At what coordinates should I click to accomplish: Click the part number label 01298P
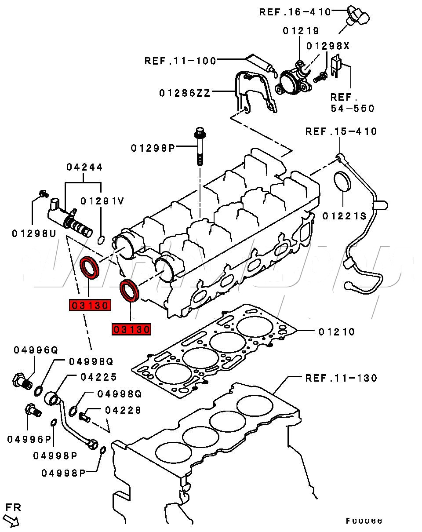click(x=153, y=148)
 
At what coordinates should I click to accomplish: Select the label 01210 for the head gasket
click(x=336, y=332)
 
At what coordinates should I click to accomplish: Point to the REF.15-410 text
click(x=341, y=131)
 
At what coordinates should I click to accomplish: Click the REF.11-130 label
click(x=341, y=378)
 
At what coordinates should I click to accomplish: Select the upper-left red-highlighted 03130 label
click(x=89, y=305)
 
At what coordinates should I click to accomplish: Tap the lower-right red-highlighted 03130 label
click(x=132, y=329)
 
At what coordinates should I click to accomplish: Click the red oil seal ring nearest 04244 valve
click(x=90, y=268)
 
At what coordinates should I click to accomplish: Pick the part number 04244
click(x=84, y=167)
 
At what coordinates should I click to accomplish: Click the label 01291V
click(x=102, y=201)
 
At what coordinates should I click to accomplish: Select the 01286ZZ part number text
click(x=185, y=93)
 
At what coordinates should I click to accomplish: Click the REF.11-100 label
click(x=181, y=61)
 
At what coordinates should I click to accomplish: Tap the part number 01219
click(x=301, y=31)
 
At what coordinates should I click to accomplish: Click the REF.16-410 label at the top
click(x=295, y=12)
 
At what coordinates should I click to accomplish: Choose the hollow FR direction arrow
click(x=14, y=521)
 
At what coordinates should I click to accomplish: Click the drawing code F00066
click(x=364, y=521)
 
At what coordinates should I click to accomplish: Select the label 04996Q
click(x=36, y=350)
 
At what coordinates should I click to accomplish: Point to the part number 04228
click(x=123, y=410)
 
